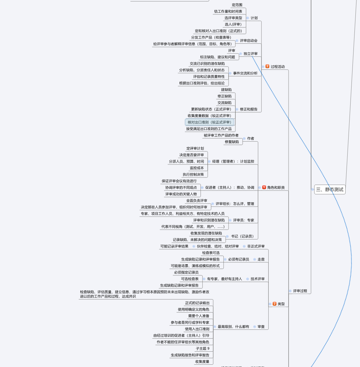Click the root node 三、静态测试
pos(330,190)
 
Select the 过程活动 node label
pos(277,67)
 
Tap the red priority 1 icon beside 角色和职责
pos(264,187)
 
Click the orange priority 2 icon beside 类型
pos(275,304)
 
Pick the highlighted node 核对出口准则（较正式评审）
pos(209,122)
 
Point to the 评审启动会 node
pos(248,41)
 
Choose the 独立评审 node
pos(250,54)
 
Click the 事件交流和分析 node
pos(245,73)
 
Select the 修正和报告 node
pos(248,109)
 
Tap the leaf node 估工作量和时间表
pos(228,11)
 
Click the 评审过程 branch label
pos(300,291)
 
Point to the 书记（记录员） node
pos(242,237)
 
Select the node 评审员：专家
pos(244,220)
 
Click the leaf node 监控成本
pos(197,168)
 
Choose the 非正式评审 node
pos(256,246)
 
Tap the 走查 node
pos(261,259)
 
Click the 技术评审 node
pos(258,279)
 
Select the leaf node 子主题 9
pos(202,348)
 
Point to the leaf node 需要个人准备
pos(199,316)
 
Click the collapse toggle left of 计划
pos(248,18)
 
